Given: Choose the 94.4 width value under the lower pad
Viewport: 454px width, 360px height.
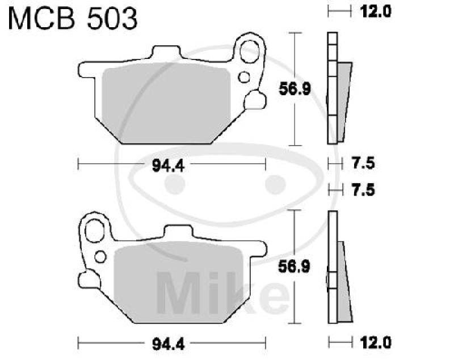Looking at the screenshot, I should click(x=170, y=342).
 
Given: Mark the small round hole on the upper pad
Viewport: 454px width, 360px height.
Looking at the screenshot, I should click(x=245, y=77).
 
